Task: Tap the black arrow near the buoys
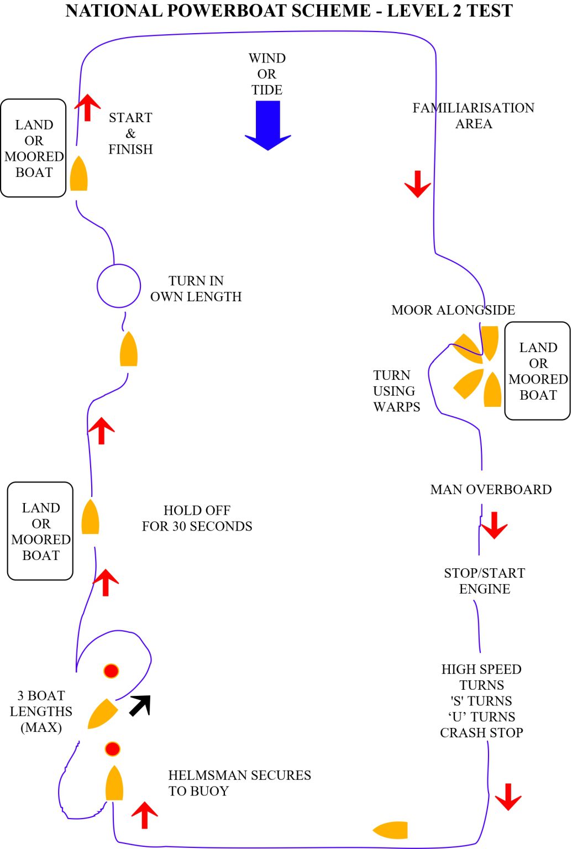[140, 705]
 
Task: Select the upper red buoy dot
[111, 671]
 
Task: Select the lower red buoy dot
[112, 749]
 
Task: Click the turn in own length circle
[119, 286]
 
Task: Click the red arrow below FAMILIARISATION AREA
[418, 184]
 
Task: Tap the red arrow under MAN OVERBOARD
[494, 525]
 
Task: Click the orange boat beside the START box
[78, 174]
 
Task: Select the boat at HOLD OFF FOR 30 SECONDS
[90, 517]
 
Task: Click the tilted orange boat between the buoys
[102, 714]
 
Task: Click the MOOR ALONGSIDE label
[453, 310]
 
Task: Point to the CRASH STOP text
[481, 732]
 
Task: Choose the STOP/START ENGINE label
[484, 580]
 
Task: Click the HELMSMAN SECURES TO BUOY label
[239, 783]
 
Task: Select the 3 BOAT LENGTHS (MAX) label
[41, 711]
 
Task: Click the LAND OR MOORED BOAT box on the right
[537, 371]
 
